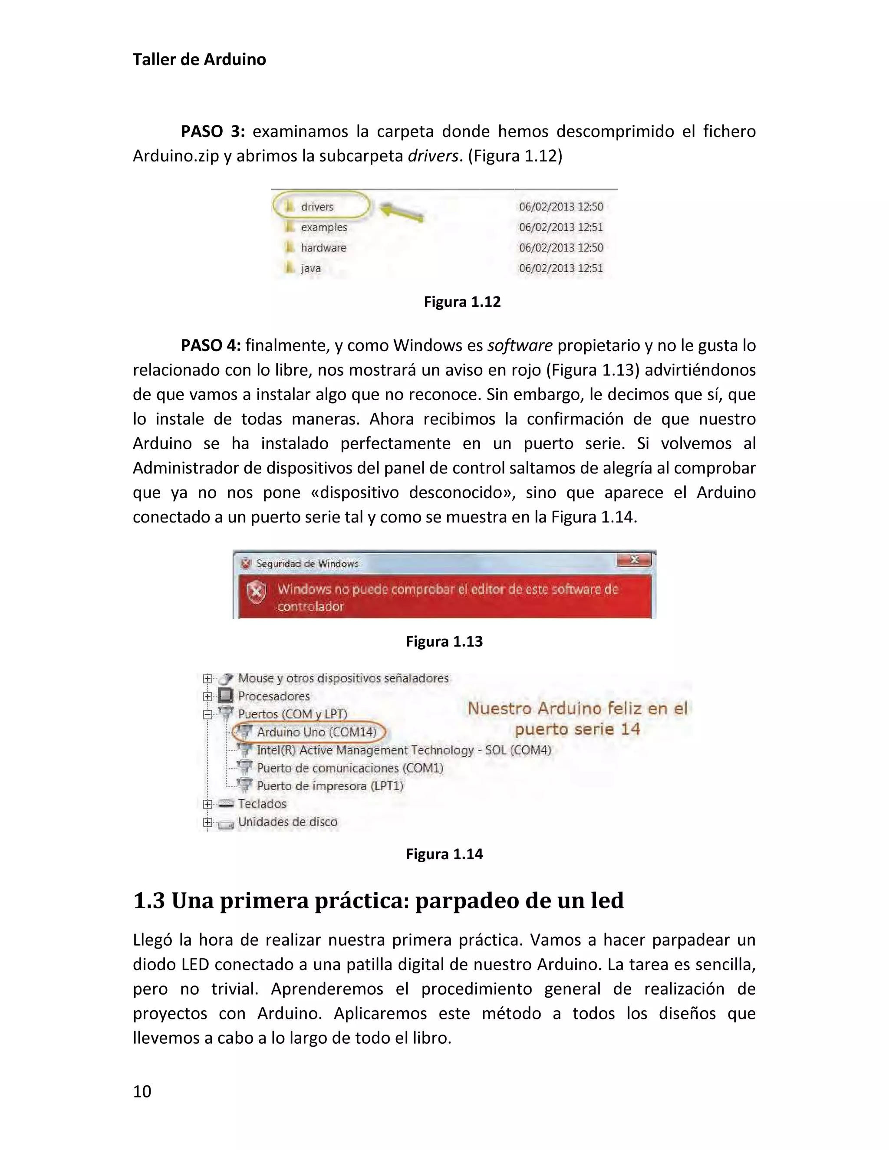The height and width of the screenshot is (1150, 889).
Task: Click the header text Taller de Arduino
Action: [199, 59]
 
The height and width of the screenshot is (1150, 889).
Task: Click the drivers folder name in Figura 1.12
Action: [317, 207]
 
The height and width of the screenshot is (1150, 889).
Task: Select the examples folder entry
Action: [323, 227]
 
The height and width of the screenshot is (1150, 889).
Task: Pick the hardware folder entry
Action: [323, 248]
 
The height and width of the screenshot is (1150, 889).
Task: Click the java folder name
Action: [311, 269]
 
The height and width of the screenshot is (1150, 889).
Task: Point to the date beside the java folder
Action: [561, 269]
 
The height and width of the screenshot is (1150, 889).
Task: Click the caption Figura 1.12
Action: [462, 302]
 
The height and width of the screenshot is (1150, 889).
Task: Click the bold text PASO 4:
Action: [211, 346]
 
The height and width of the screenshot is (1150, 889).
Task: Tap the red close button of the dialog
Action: [634, 560]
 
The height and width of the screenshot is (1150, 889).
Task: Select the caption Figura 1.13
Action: [444, 641]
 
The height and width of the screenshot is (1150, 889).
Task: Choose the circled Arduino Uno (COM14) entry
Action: [316, 733]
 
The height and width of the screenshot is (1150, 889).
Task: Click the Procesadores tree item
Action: [273, 697]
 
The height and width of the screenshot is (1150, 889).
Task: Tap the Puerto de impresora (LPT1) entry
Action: [330, 786]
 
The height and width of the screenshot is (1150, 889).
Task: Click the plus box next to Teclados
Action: [207, 804]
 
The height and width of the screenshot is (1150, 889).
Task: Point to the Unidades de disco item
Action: [287, 822]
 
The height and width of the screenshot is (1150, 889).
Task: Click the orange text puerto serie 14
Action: [577, 729]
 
